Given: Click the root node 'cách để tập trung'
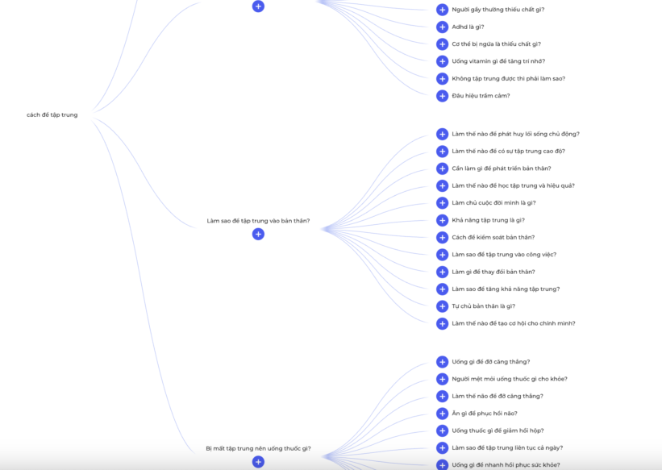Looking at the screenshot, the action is pos(52,114).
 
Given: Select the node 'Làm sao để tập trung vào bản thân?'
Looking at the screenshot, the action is pos(258,221).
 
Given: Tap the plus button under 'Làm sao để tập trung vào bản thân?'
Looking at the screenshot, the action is pos(258,234).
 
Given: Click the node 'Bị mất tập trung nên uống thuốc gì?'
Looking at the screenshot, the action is pos(258,448).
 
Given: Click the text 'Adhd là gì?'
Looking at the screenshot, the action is pos(468,27).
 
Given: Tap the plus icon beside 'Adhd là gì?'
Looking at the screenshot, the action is pos(442,27).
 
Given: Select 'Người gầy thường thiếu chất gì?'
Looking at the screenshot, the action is pos(498,10).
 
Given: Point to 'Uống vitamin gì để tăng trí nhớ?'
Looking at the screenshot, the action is pos(498,61).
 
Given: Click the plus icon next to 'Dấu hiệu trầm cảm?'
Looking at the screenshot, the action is pos(442,96).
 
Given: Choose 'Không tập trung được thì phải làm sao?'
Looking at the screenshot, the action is pos(508,78).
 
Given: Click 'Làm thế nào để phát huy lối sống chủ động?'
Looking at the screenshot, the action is pos(515,134).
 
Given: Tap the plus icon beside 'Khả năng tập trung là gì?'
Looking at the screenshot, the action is pos(442,220).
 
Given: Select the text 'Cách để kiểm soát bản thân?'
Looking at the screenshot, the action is pos(493,237).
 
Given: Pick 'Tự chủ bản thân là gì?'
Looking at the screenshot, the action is pos(484,306).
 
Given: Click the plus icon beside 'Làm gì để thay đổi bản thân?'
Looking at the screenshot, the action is pos(442,272).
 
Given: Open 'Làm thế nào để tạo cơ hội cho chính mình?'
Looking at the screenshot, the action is pos(514,323).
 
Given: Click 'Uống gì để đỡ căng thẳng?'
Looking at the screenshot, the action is pos(490,362).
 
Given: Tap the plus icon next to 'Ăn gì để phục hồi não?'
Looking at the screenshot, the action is pos(442,414).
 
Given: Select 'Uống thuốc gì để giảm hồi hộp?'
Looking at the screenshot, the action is pos(498,430).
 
